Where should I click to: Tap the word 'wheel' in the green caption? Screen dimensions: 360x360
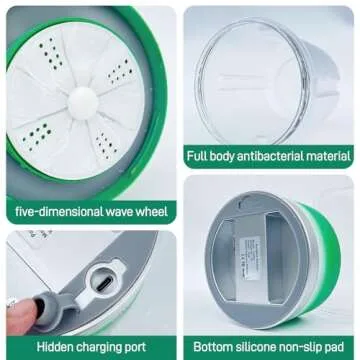coord(147,211)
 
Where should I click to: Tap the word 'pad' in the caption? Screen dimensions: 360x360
coord(340,346)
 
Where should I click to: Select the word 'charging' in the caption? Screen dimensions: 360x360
coord(105,346)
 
